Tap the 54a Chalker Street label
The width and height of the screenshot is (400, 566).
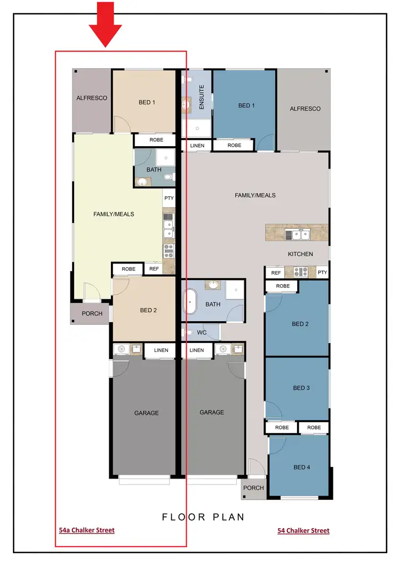click(x=86, y=530)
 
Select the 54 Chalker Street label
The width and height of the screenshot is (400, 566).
click(x=303, y=531)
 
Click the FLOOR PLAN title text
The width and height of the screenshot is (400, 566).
click(x=203, y=516)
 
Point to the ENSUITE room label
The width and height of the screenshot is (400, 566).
click(x=202, y=98)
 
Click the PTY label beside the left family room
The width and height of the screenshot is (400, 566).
click(x=169, y=198)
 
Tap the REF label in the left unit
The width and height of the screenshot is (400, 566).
click(x=154, y=269)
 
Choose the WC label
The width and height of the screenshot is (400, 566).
click(x=202, y=333)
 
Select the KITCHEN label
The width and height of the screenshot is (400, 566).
click(x=300, y=254)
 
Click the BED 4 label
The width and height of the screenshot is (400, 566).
click(x=301, y=467)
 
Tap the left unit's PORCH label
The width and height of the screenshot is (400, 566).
click(x=92, y=314)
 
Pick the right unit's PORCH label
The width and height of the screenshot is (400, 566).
click(x=253, y=488)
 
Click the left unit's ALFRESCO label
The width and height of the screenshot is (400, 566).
click(x=92, y=98)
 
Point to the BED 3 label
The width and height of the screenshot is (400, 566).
click(x=301, y=388)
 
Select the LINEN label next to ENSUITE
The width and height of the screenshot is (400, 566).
click(x=196, y=145)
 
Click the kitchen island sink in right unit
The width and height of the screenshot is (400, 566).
click(x=297, y=234)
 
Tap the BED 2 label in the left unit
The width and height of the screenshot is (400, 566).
click(x=148, y=310)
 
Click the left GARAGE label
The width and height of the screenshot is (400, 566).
click(x=146, y=413)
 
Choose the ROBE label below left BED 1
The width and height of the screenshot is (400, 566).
click(x=156, y=140)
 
